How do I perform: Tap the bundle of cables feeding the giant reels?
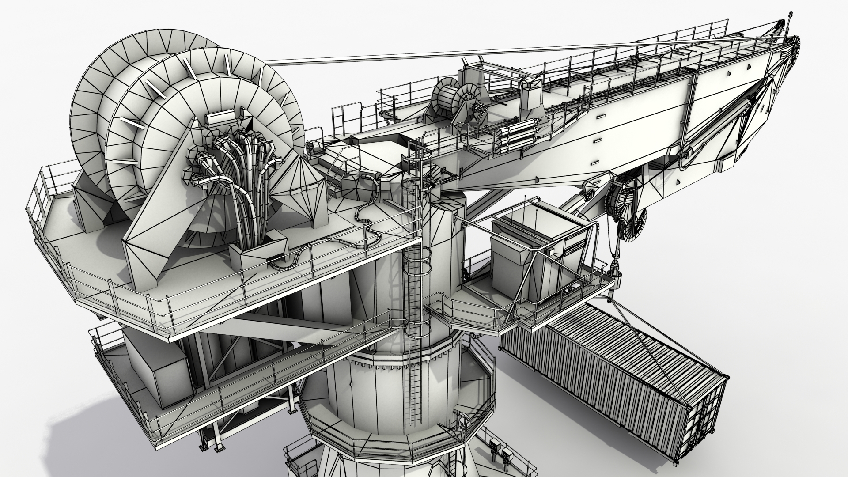[x=238, y=177]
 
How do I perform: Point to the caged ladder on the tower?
[x=415, y=247]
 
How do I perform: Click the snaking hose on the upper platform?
[x=367, y=225]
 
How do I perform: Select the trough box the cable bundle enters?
[x=258, y=254]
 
